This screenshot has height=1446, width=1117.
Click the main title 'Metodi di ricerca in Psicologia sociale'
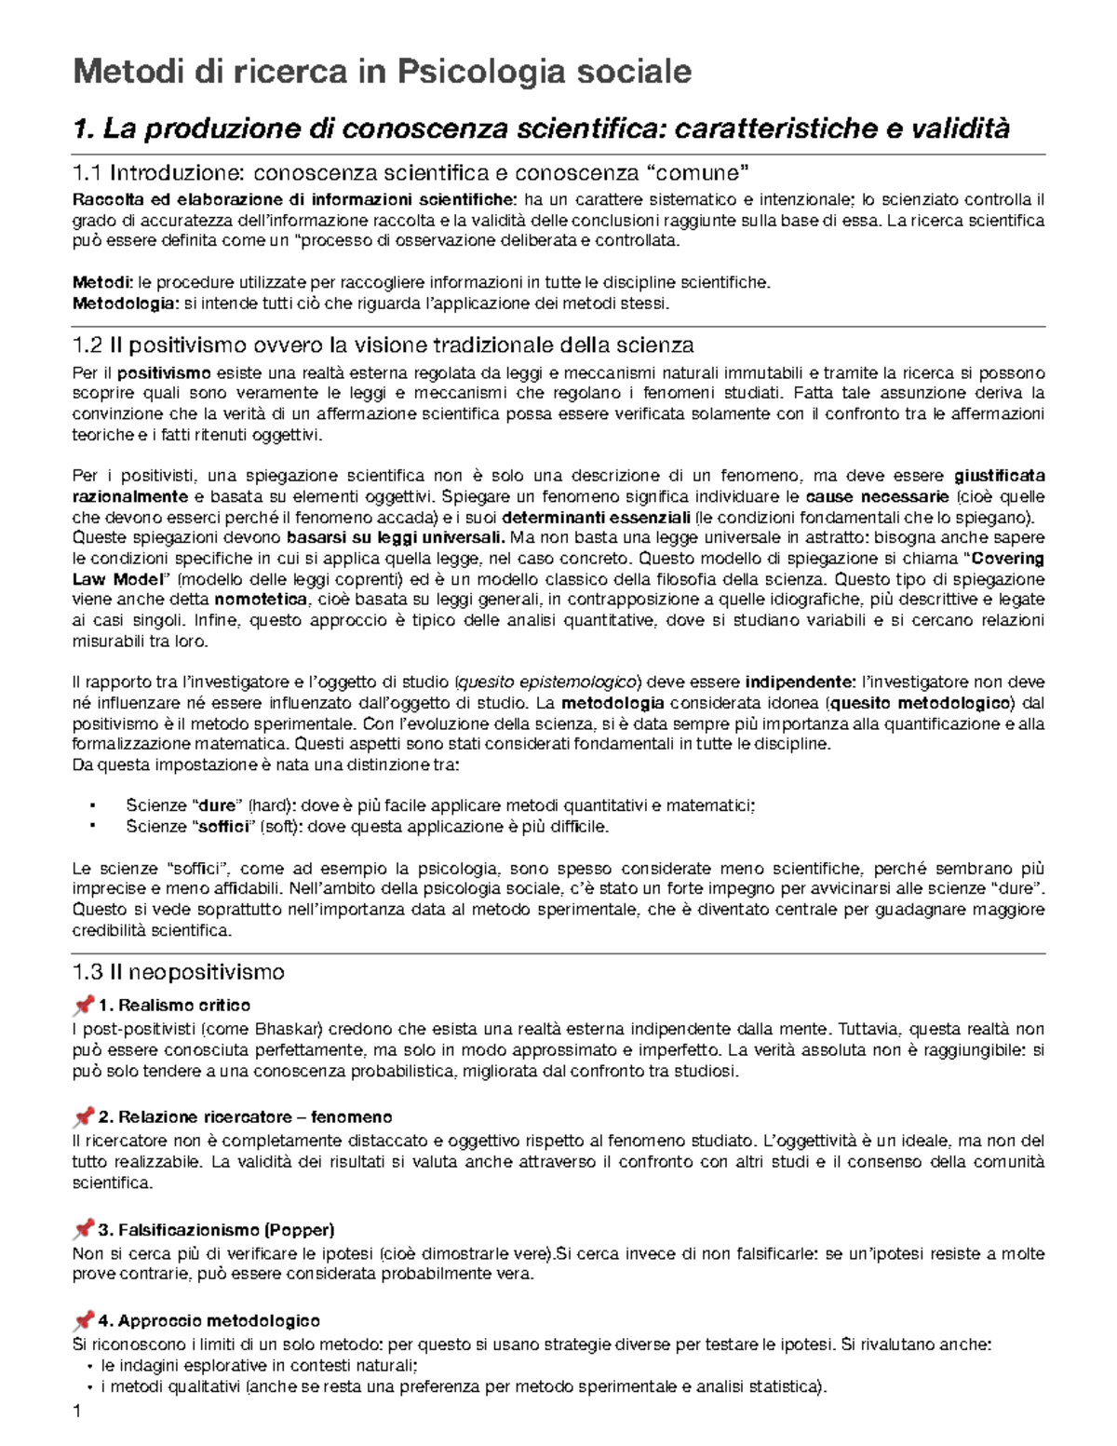tap(382, 72)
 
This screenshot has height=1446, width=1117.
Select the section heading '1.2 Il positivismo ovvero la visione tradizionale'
tap(383, 345)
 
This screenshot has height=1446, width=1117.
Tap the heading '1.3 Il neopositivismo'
tap(178, 972)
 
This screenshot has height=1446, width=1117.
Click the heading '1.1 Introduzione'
tap(410, 172)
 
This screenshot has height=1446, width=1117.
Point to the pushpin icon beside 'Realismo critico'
tap(83, 1005)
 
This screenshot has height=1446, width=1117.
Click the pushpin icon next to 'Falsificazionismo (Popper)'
tap(83, 1229)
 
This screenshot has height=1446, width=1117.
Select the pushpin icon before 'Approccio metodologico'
tap(83, 1320)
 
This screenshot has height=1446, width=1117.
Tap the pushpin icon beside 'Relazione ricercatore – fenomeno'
tap(83, 1116)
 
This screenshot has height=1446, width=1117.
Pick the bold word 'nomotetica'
tap(261, 600)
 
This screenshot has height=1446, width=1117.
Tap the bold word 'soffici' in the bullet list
tap(223, 826)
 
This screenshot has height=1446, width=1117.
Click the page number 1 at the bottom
tap(77, 1412)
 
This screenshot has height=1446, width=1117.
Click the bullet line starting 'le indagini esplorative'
tap(259, 1366)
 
